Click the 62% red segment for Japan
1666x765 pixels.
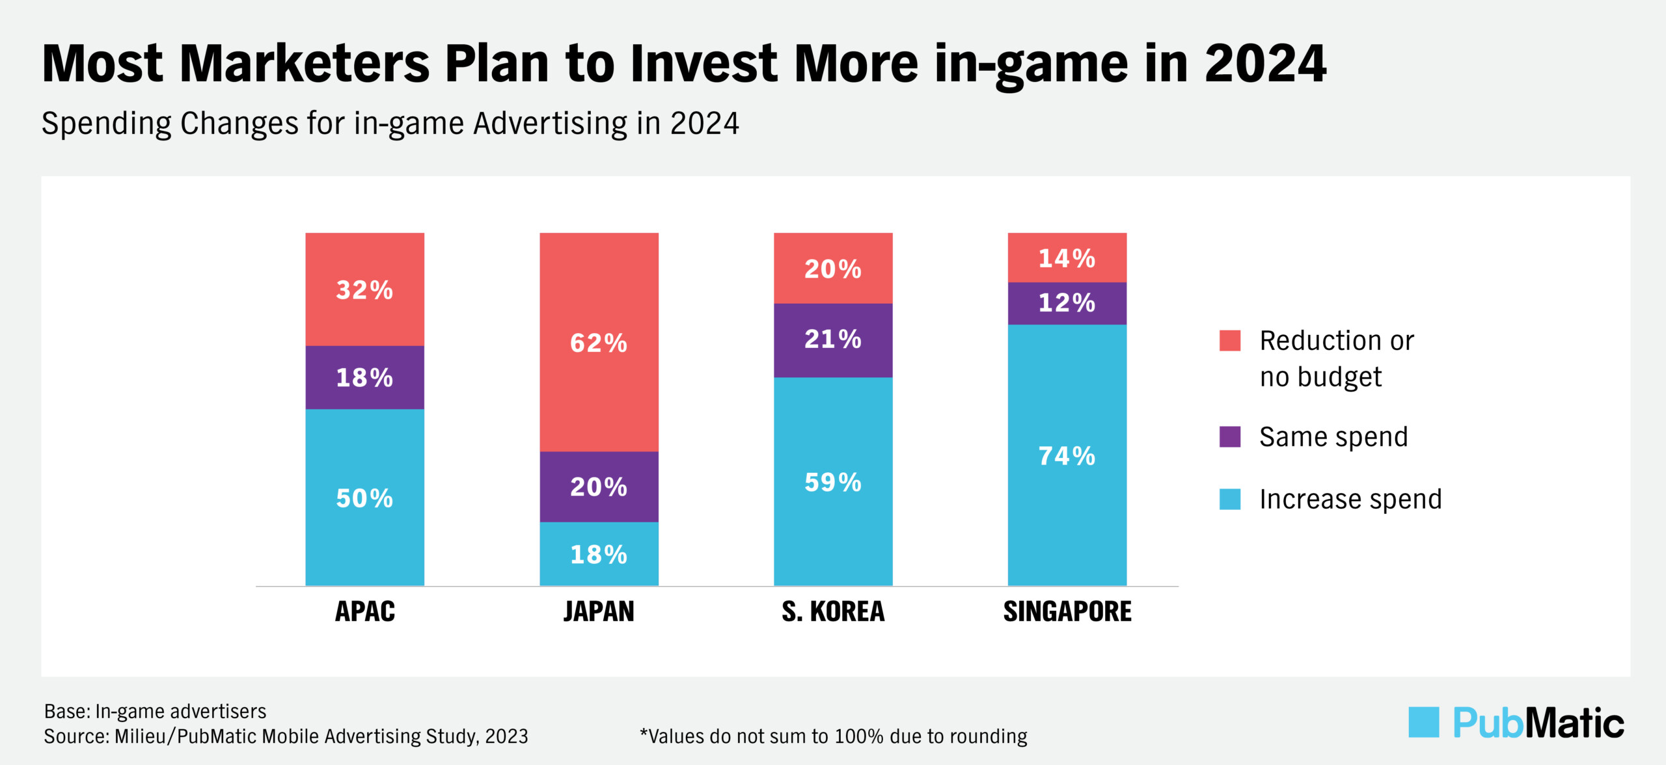(599, 342)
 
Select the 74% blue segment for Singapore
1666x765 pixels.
(1067, 455)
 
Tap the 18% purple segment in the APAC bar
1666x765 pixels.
(364, 377)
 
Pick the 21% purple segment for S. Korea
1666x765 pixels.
(833, 340)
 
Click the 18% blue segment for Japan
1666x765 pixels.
(599, 554)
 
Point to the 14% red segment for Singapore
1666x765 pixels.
(1067, 258)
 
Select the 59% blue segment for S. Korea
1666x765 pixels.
(833, 482)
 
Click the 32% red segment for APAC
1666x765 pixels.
(364, 289)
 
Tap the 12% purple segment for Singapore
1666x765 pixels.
(1067, 303)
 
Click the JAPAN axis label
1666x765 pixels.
(599, 611)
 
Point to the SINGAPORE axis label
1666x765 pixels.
(1067, 611)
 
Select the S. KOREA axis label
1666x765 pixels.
(833, 611)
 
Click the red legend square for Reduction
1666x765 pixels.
(1229, 340)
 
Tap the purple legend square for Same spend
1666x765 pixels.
(1229, 436)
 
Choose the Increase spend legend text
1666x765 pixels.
(1350, 500)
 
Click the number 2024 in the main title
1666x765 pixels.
(1264, 64)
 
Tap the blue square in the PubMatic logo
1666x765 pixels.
(1423, 722)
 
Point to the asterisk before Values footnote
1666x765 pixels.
(644, 734)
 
